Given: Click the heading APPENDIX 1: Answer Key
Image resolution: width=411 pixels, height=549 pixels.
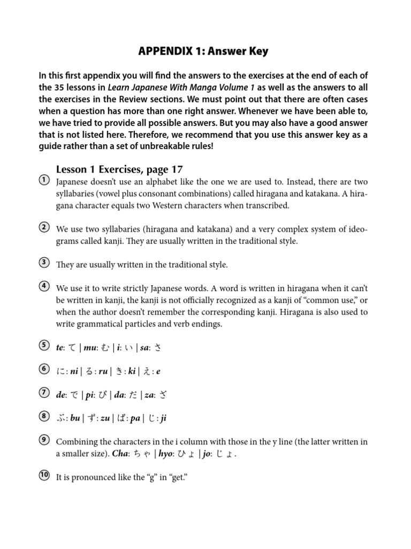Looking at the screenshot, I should click(x=203, y=51).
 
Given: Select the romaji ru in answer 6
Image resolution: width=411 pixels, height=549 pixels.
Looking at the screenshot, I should click(x=103, y=371).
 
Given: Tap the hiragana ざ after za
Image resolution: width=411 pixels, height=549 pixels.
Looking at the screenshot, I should click(x=163, y=395).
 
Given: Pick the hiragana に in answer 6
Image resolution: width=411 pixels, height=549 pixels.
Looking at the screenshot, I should click(x=60, y=371).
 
